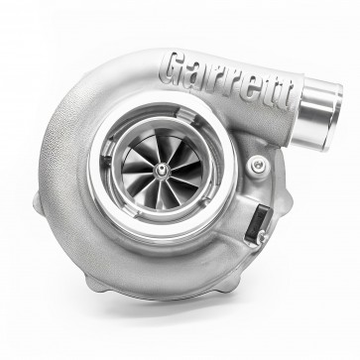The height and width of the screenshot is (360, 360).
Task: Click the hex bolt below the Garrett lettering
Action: click(x=259, y=166)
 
